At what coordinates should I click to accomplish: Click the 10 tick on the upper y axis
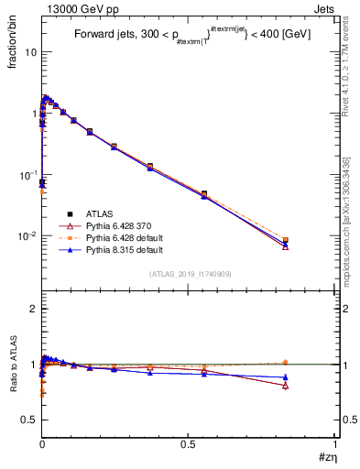[30, 52]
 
